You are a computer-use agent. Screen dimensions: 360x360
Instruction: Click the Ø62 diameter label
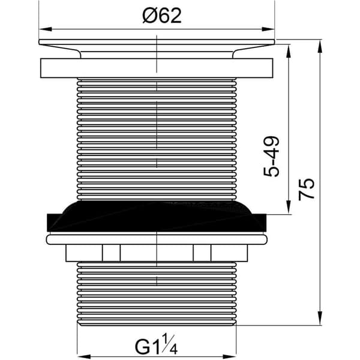coord(162,16)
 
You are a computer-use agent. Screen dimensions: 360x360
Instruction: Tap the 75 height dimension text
coord(306,189)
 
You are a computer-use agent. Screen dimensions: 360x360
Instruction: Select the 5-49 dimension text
coord(271,157)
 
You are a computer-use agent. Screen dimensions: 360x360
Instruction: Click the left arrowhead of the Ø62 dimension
coord(45,29)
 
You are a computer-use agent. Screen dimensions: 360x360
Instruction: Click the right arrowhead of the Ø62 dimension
coord(268,29)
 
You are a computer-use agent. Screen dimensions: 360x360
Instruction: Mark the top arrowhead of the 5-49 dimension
coord(289,50)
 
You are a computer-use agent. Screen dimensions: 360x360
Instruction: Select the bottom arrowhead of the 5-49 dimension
coord(289,208)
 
